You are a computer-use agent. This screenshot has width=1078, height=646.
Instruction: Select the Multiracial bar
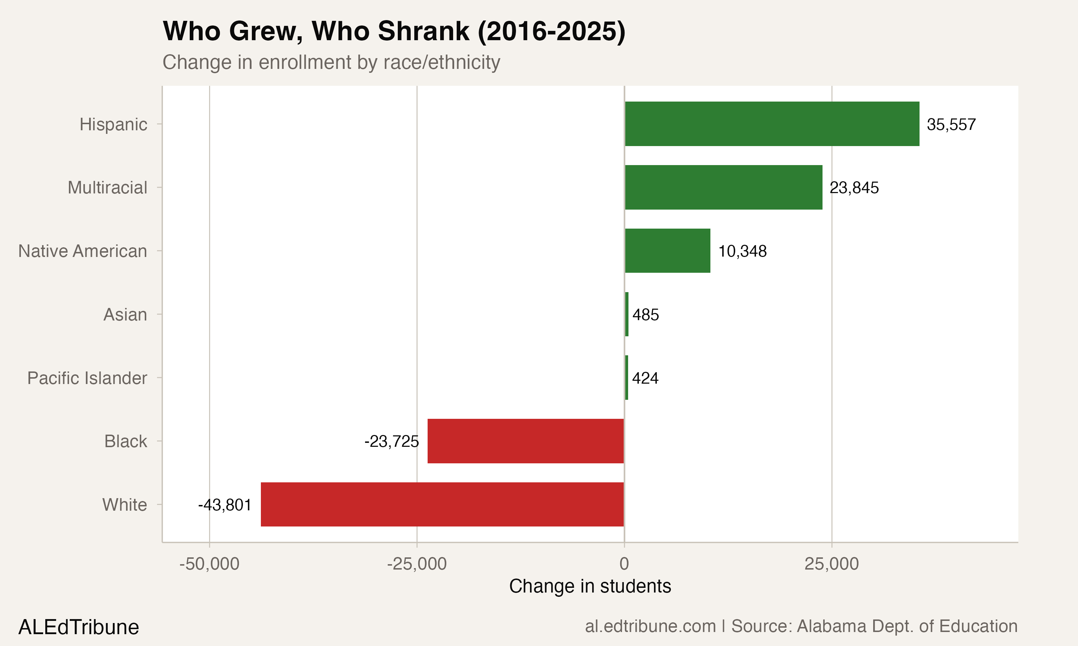(x=723, y=187)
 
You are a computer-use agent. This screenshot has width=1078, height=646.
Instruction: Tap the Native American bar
(x=667, y=251)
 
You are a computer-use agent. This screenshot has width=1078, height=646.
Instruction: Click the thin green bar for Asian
(x=627, y=314)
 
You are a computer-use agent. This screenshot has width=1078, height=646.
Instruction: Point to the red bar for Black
(x=525, y=441)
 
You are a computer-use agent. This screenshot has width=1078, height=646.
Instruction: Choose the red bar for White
(x=442, y=504)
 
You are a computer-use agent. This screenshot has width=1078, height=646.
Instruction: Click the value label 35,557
(x=951, y=125)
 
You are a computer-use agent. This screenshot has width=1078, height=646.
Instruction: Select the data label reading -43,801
(x=225, y=505)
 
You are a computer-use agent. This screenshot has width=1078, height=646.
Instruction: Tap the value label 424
(x=645, y=378)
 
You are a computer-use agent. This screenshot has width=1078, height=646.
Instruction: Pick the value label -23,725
(x=391, y=441)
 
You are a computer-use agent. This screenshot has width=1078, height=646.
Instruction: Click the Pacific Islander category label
(x=87, y=378)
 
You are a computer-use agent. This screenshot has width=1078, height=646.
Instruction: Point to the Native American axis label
(x=82, y=251)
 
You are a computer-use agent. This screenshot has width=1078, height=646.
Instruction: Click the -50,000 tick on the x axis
(x=209, y=564)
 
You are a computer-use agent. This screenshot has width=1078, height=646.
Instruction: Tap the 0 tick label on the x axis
(x=624, y=564)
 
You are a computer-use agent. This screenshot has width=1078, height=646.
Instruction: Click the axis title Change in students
(x=590, y=586)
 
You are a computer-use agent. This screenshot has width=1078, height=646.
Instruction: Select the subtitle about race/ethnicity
(x=331, y=62)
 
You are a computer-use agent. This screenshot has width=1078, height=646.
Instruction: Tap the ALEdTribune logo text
(x=78, y=627)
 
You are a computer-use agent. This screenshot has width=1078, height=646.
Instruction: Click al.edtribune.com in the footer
(x=650, y=626)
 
